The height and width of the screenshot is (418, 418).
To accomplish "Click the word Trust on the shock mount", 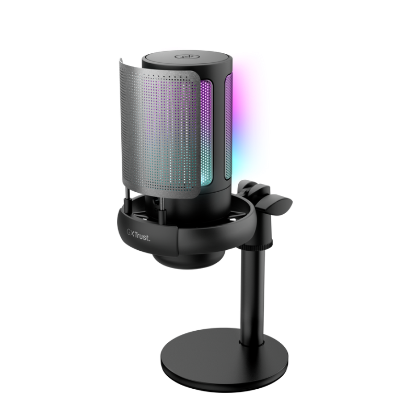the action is (x=141, y=236).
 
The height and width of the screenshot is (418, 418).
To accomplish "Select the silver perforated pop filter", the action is (x=159, y=131).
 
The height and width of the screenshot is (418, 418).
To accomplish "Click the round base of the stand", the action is (x=224, y=360).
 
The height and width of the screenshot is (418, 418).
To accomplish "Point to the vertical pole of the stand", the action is (x=252, y=293).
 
